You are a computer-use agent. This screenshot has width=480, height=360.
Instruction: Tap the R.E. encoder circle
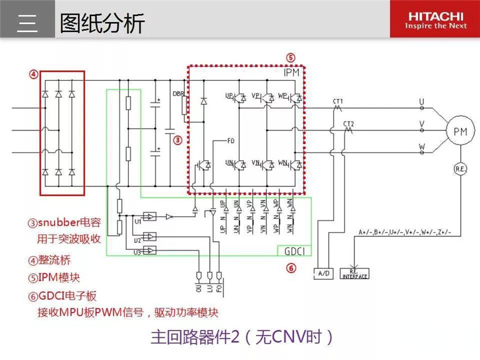460,169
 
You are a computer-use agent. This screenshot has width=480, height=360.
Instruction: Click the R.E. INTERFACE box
355,273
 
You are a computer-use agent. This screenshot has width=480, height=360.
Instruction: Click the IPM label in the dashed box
292,73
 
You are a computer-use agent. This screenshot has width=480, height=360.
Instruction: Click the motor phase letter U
422,101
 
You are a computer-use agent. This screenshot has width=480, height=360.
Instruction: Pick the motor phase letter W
422,146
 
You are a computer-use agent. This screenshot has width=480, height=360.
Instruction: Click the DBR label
178,94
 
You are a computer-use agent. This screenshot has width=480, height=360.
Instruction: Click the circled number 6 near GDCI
291,268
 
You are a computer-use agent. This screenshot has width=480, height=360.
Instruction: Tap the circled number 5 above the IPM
290,58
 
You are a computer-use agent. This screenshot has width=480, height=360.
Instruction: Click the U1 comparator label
137,220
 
